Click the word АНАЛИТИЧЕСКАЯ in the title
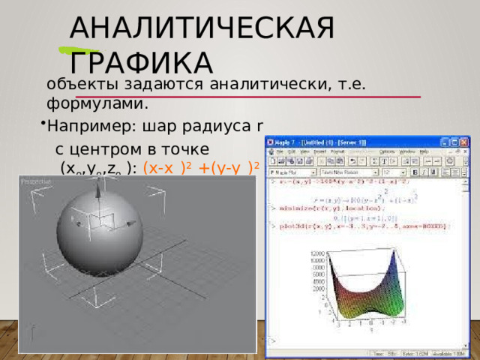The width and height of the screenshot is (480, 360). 201,28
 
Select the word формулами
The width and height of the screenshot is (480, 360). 97,101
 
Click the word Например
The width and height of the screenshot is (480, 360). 83,124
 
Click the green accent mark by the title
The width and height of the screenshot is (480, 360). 74,52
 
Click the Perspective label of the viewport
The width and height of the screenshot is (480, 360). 35,181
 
